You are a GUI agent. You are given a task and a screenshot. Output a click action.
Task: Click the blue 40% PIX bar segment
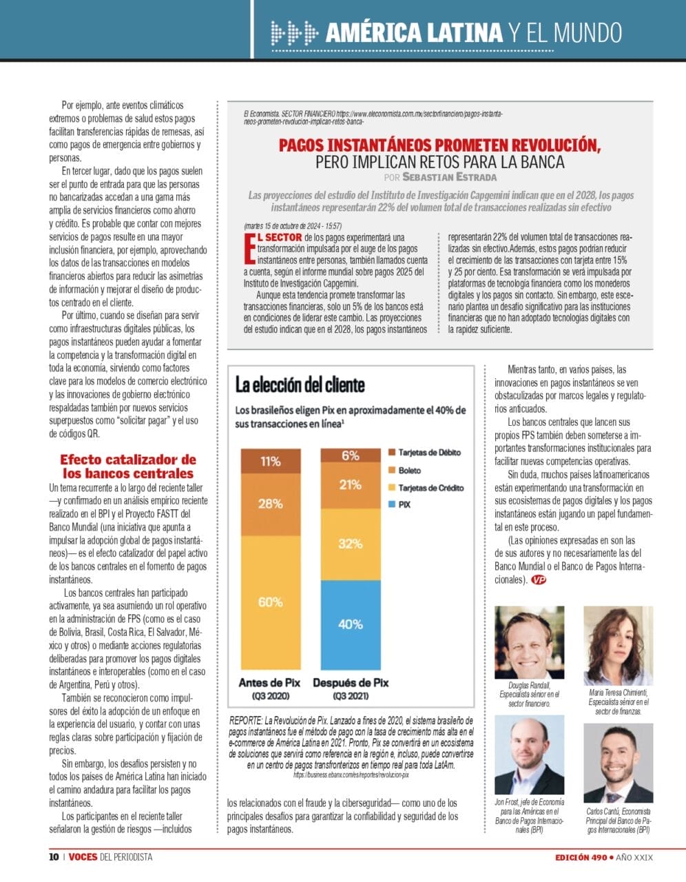(x=351, y=625)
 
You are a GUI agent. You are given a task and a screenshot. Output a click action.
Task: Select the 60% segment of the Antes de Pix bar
(x=271, y=602)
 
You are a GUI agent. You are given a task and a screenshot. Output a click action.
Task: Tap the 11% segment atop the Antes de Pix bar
(x=271, y=461)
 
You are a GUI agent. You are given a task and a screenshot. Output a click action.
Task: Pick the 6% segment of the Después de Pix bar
(x=351, y=455)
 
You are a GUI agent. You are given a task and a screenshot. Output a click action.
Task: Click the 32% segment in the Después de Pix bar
(x=351, y=544)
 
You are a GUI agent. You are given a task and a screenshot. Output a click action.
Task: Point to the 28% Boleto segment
(x=271, y=504)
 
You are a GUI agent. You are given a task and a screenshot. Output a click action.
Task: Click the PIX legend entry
(x=399, y=504)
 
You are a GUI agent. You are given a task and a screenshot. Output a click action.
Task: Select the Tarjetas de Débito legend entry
(x=425, y=452)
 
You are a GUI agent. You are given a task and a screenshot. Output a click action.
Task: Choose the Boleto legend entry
(x=404, y=471)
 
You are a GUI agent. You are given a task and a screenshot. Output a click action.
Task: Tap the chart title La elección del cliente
(x=300, y=384)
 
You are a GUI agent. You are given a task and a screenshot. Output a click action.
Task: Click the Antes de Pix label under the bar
(x=270, y=683)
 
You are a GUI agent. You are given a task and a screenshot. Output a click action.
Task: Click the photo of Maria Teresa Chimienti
(x=619, y=646)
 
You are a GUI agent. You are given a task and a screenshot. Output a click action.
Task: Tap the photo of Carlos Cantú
(x=619, y=763)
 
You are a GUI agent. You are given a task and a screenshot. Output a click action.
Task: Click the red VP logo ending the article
(x=539, y=580)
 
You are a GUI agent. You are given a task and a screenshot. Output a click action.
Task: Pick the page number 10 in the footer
(x=54, y=857)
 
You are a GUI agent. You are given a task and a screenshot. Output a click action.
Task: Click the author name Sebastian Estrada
(x=449, y=177)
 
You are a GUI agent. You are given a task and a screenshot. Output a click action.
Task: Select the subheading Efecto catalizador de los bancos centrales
(x=128, y=466)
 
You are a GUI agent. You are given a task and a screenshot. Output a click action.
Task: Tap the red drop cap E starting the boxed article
(x=249, y=248)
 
